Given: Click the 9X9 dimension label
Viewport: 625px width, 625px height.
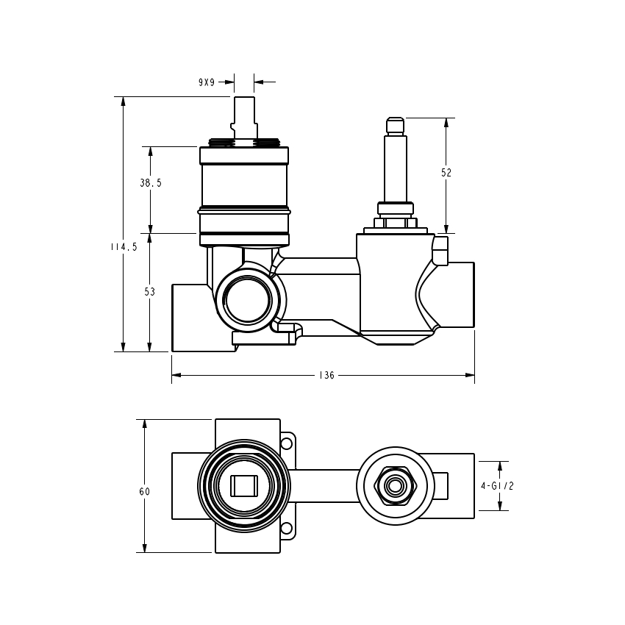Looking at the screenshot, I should pyautogui.click(x=207, y=82).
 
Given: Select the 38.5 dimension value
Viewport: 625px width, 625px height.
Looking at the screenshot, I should pyautogui.click(x=151, y=183).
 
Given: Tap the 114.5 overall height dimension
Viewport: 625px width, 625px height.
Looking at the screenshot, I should pyautogui.click(x=124, y=247).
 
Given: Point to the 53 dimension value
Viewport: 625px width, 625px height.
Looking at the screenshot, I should pyautogui.click(x=149, y=292).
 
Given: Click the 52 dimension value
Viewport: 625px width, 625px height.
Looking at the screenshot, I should pyautogui.click(x=446, y=173).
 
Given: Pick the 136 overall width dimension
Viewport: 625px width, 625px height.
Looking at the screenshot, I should pyautogui.click(x=326, y=375).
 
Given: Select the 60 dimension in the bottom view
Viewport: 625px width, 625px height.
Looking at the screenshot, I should pyautogui.click(x=145, y=491).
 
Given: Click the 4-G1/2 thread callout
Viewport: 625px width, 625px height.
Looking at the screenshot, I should pyautogui.click(x=497, y=486).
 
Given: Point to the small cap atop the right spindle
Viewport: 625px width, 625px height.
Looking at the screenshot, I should pyautogui.click(x=396, y=126).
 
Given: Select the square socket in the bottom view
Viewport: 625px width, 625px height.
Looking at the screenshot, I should pyautogui.click(x=244, y=486).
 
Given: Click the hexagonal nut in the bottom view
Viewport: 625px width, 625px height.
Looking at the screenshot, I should pyautogui.click(x=396, y=486).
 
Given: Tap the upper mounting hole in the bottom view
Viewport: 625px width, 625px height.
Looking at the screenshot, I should pyautogui.click(x=287, y=443).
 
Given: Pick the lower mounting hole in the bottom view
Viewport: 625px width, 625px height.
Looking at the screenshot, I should pyautogui.click(x=287, y=528).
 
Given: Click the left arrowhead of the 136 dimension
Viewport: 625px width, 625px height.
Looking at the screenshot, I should pyautogui.click(x=176, y=375).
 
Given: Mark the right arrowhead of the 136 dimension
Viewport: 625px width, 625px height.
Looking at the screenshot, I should pyautogui.click(x=471, y=375).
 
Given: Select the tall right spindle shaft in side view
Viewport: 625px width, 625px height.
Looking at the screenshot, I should pyautogui.click(x=396, y=169).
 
